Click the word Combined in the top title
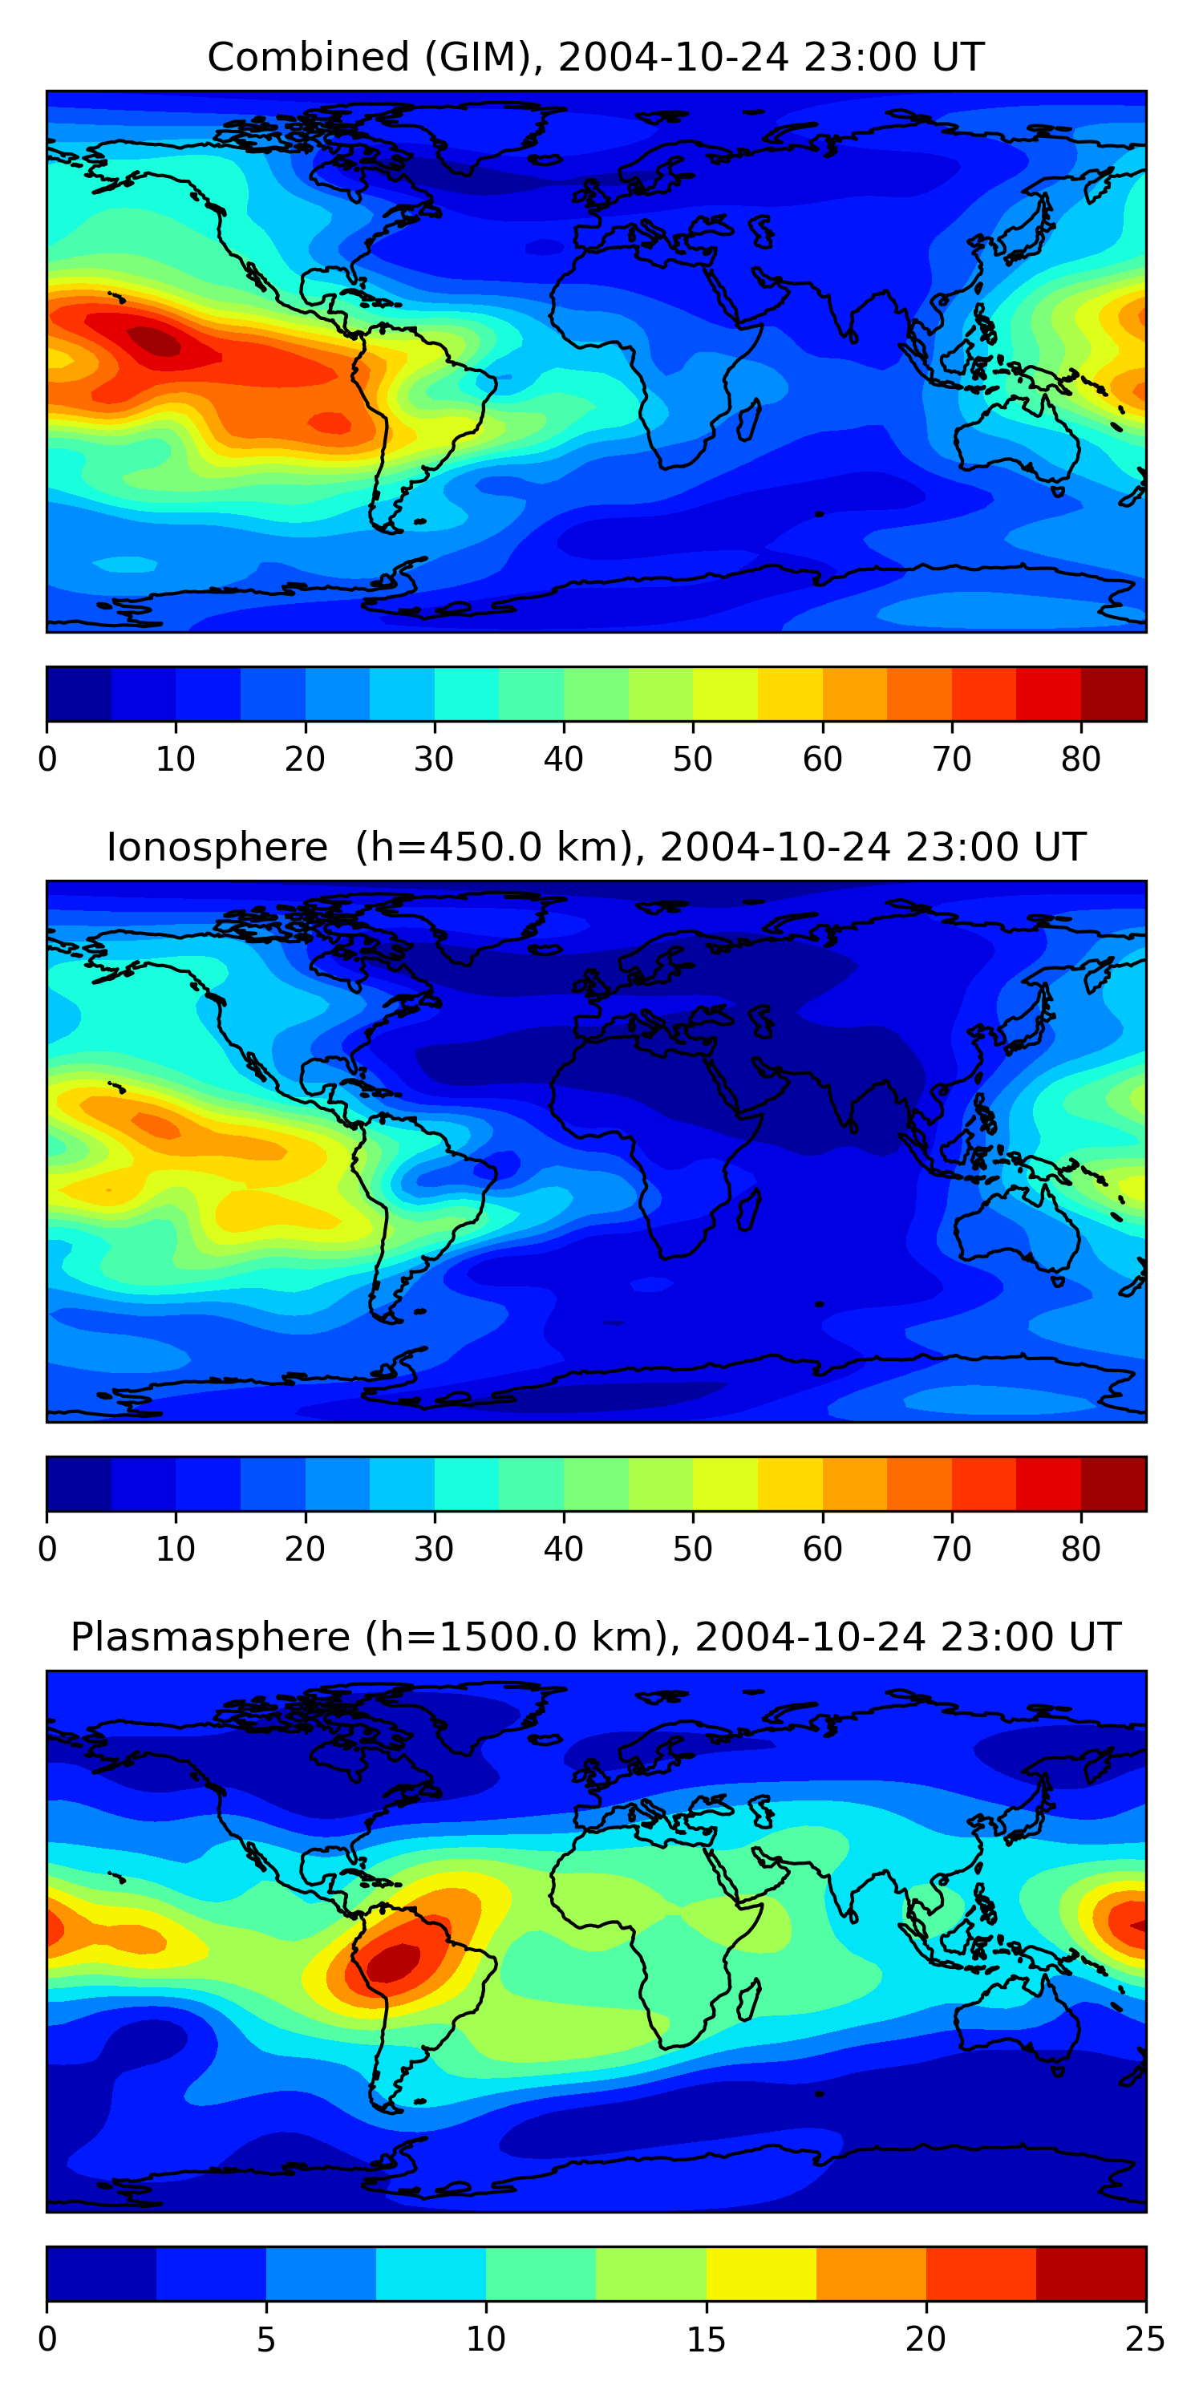point(309,57)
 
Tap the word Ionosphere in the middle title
point(217,847)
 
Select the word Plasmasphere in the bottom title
point(210,1638)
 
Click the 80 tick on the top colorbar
point(1080,759)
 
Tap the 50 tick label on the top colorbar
point(693,759)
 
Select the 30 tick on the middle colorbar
point(435,1549)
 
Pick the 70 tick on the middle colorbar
point(952,1549)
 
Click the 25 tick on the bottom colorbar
point(1145,2339)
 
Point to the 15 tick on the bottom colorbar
point(706,2339)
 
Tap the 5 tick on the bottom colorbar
point(266,2339)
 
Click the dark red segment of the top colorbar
point(1113,694)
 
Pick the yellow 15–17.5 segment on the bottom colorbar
point(761,2274)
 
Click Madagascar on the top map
point(748,419)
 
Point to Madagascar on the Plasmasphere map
point(748,1999)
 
